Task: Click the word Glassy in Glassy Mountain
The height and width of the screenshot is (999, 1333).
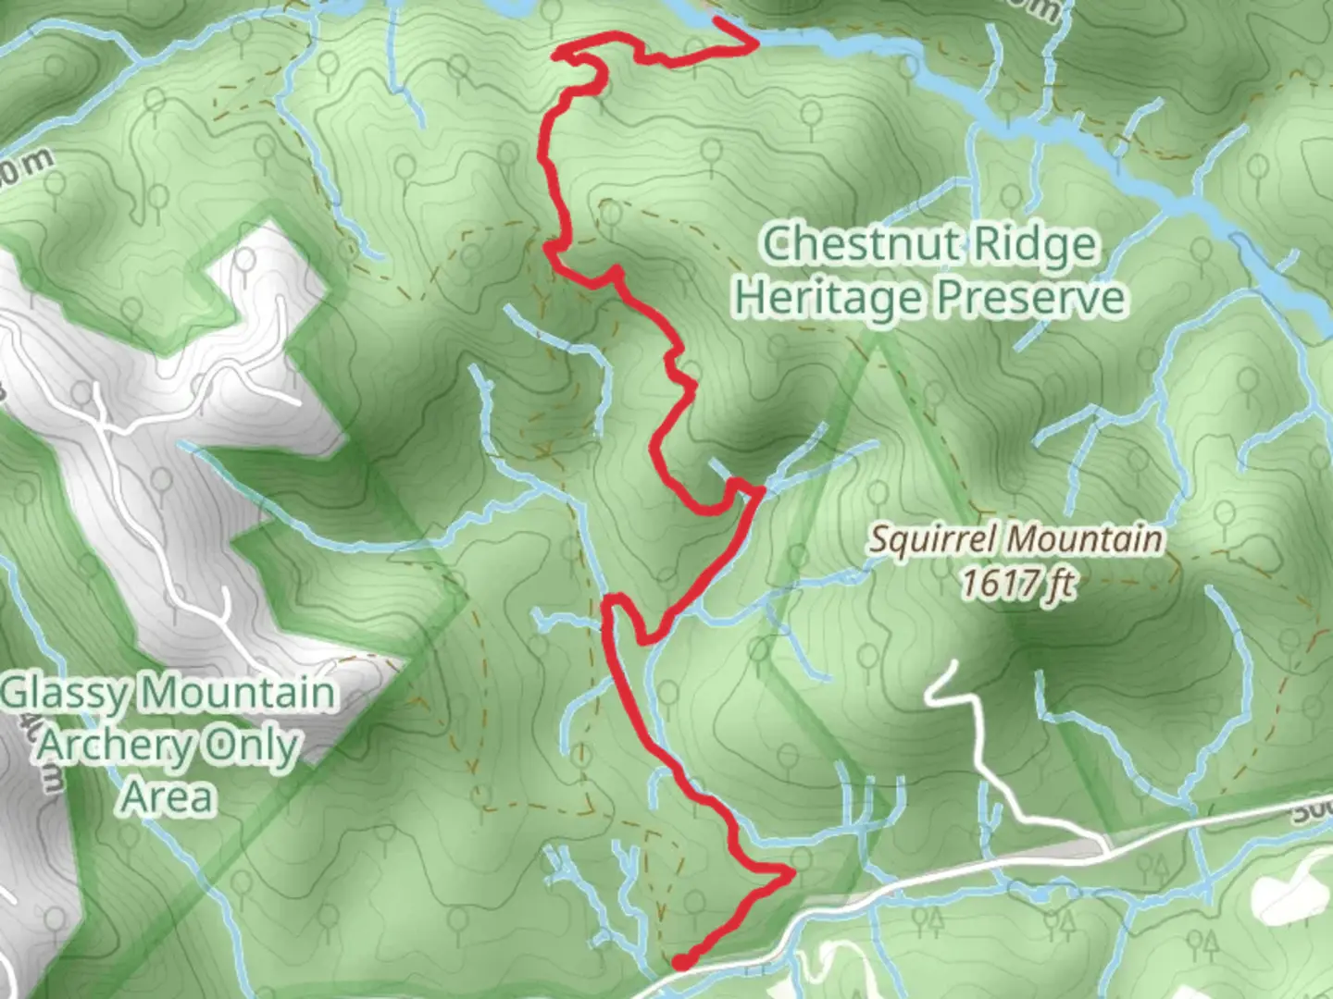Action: [x=67, y=694]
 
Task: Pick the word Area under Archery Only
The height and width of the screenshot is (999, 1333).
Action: [x=168, y=795]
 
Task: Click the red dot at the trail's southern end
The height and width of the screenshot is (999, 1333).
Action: [x=681, y=963]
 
